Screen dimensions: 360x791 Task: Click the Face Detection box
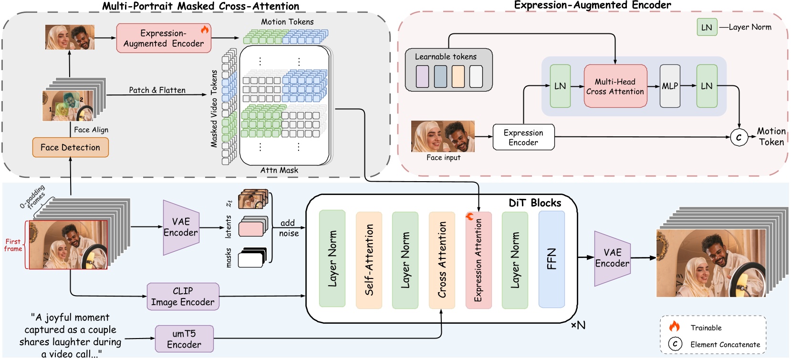pyautogui.click(x=70, y=147)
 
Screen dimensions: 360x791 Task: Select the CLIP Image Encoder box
pyautogui.click(x=183, y=297)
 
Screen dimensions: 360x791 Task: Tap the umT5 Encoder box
pyautogui.click(x=184, y=339)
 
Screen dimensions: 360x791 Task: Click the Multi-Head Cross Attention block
pyautogui.click(x=615, y=86)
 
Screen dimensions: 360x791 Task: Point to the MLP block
pyautogui.click(x=670, y=86)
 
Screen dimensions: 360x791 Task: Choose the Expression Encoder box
pyautogui.click(x=523, y=137)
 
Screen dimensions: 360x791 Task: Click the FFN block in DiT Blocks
pyautogui.click(x=552, y=259)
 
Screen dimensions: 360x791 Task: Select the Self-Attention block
pyautogui.click(x=369, y=259)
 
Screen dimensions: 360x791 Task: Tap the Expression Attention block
pyautogui.click(x=479, y=260)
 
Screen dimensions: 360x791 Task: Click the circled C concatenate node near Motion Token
pyautogui.click(x=739, y=137)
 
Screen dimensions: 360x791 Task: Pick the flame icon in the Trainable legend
pyautogui.click(x=674, y=327)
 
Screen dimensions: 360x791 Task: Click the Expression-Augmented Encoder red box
pyautogui.click(x=164, y=38)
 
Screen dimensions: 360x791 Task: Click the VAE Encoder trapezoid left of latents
pyautogui.click(x=181, y=227)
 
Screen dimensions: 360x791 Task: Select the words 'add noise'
pyautogui.click(x=289, y=228)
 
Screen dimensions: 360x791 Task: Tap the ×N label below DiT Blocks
pyautogui.click(x=578, y=325)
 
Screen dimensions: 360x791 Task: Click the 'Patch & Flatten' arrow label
pyautogui.click(x=157, y=90)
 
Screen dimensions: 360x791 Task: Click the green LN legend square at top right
pyautogui.click(x=707, y=27)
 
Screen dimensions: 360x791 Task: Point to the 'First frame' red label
pyautogui.click(x=13, y=245)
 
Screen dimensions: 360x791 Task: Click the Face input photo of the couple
pyautogui.click(x=443, y=136)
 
